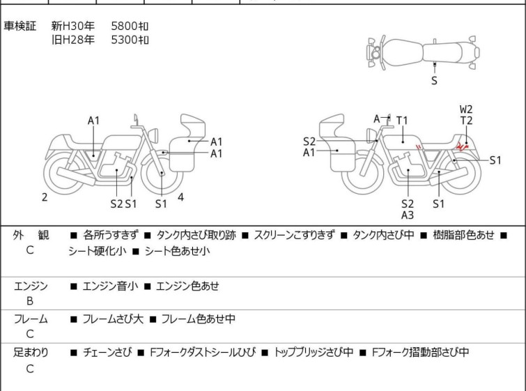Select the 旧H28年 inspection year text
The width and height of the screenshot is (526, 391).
coord(72,40)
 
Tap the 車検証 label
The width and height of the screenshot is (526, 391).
coord(20,26)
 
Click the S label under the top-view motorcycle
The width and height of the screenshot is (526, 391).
coord(434,81)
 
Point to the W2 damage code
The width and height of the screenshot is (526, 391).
coord(466,109)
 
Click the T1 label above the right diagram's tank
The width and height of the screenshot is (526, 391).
coord(402,120)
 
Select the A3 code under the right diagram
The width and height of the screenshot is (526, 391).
coord(408,215)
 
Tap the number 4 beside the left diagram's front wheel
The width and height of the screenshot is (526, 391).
coord(180,197)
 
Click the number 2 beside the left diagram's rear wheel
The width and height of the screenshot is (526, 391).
coord(45,197)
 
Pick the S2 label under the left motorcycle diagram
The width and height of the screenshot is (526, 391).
coord(116,204)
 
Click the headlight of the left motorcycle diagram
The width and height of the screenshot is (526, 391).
coord(153,135)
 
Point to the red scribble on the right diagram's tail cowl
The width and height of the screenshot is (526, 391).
coord(462,146)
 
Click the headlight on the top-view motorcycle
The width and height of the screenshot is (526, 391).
coord(375,53)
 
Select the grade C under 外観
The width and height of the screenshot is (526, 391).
coord(30,250)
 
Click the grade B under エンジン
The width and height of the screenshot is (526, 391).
coord(30,301)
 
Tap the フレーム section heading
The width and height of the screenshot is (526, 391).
coord(31,319)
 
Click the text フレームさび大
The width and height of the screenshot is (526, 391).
coord(113,319)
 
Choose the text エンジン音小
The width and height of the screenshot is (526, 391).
coord(110,286)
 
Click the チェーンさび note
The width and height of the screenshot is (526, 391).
coord(107,352)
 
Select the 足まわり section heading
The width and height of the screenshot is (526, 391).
coord(31,352)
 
